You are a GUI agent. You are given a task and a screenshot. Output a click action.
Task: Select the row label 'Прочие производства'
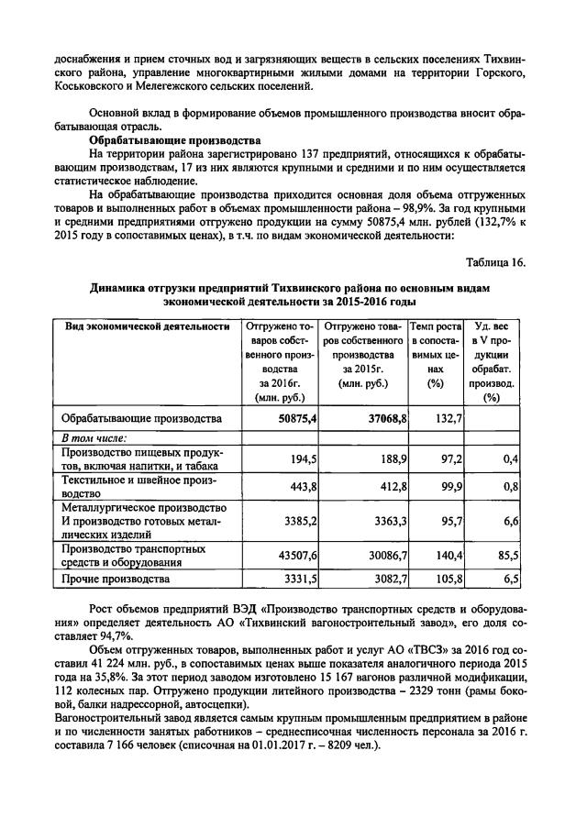(116, 580)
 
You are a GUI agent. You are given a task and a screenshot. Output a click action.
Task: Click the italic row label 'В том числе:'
(94, 438)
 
